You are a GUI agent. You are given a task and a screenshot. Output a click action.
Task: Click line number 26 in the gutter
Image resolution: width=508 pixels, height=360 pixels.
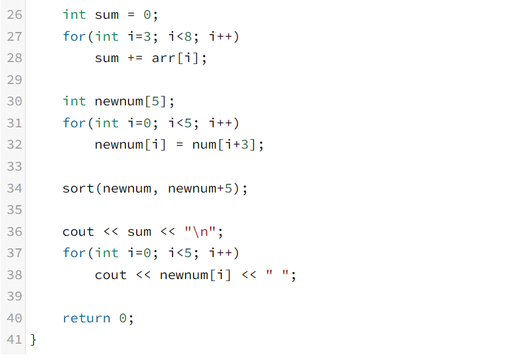(14, 15)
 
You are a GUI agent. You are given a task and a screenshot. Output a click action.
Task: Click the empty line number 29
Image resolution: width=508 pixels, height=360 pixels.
(14, 80)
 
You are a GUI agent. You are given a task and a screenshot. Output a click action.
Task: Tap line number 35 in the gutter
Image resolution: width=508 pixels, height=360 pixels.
(14, 209)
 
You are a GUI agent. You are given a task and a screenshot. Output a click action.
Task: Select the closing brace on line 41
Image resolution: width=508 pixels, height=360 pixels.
(33, 340)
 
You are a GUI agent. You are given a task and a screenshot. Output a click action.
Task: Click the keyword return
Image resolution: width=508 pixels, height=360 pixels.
(87, 318)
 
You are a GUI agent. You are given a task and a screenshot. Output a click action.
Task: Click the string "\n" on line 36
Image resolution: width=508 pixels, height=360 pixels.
(201, 231)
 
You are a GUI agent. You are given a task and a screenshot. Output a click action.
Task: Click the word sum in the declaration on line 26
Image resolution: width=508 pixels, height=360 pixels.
(107, 15)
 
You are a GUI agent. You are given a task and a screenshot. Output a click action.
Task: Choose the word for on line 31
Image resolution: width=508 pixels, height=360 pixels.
(74, 123)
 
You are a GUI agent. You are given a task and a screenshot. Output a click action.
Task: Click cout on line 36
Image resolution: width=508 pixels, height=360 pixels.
(78, 231)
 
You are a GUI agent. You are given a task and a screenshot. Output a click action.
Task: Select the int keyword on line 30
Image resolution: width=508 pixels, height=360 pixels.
(74, 101)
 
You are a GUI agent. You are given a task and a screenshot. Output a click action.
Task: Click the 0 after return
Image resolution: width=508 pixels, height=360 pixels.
(123, 318)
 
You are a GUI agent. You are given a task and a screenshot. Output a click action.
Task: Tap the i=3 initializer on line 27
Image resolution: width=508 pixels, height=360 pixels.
(139, 36)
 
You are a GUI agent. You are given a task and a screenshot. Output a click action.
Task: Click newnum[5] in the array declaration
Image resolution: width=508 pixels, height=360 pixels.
(131, 101)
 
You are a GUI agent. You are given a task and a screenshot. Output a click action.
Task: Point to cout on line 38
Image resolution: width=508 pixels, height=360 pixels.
(111, 275)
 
